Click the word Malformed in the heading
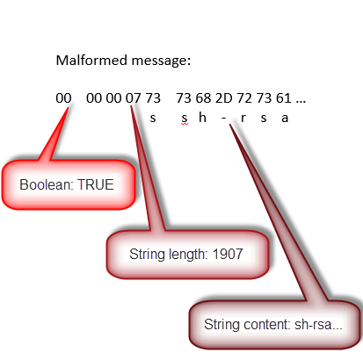coord(92,61)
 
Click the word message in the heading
coord(161,61)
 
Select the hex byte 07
coord(134,98)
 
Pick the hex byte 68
coord(203,98)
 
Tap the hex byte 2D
coord(223,98)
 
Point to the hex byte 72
coord(244,98)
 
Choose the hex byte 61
coord(284,98)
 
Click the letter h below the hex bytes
coord(202,118)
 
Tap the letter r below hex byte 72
coord(243,119)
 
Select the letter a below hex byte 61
coord(285,119)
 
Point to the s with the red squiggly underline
coord(185,119)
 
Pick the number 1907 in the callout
coord(228,254)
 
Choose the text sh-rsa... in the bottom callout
coord(318,325)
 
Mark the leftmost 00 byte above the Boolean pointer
coord(63,98)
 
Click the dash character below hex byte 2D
coord(224,119)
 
